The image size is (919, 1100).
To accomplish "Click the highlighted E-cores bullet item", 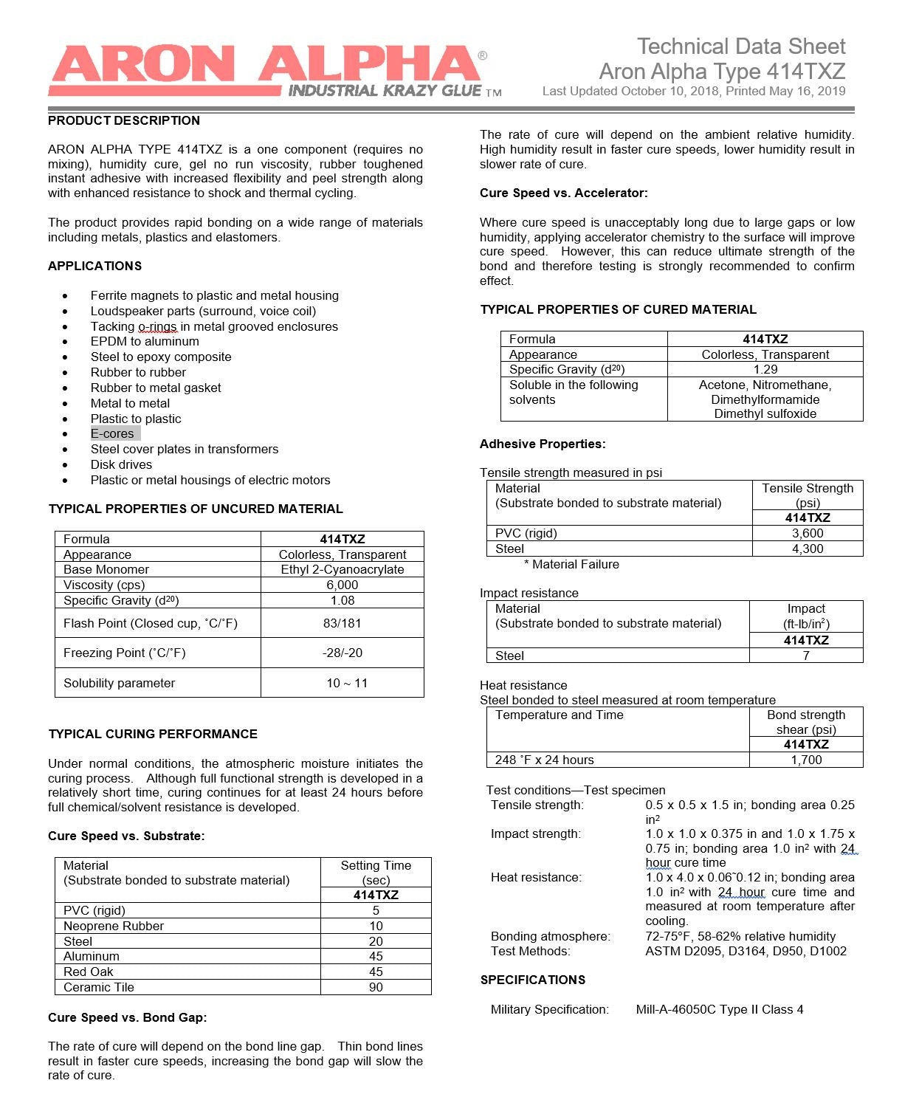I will click(112, 434).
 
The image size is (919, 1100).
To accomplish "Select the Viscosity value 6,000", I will click(343, 585).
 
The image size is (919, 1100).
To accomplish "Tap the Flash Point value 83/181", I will click(343, 623).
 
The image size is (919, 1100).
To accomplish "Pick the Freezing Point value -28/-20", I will click(343, 653).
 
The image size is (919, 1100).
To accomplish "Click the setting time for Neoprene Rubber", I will click(376, 926).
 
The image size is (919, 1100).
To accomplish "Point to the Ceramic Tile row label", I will click(99, 987).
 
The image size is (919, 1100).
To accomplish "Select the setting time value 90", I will click(376, 987).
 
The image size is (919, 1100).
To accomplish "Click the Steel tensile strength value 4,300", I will click(808, 549).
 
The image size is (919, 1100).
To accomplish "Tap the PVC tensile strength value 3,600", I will click(808, 533).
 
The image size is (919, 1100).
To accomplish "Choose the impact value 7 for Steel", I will click(806, 656).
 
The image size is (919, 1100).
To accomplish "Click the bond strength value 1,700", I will click(806, 760).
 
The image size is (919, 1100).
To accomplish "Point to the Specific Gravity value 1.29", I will click(765, 369).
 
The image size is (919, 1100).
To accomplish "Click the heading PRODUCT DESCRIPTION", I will click(124, 120).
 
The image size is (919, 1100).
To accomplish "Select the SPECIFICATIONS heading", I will click(533, 980).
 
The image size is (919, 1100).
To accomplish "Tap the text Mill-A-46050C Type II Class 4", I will click(720, 1009).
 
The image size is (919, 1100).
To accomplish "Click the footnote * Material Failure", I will click(572, 564).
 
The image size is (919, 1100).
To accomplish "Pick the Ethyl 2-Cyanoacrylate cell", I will click(343, 569).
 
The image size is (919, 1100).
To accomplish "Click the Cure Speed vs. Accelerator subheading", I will click(564, 193).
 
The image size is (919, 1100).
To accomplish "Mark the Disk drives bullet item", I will click(121, 464).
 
